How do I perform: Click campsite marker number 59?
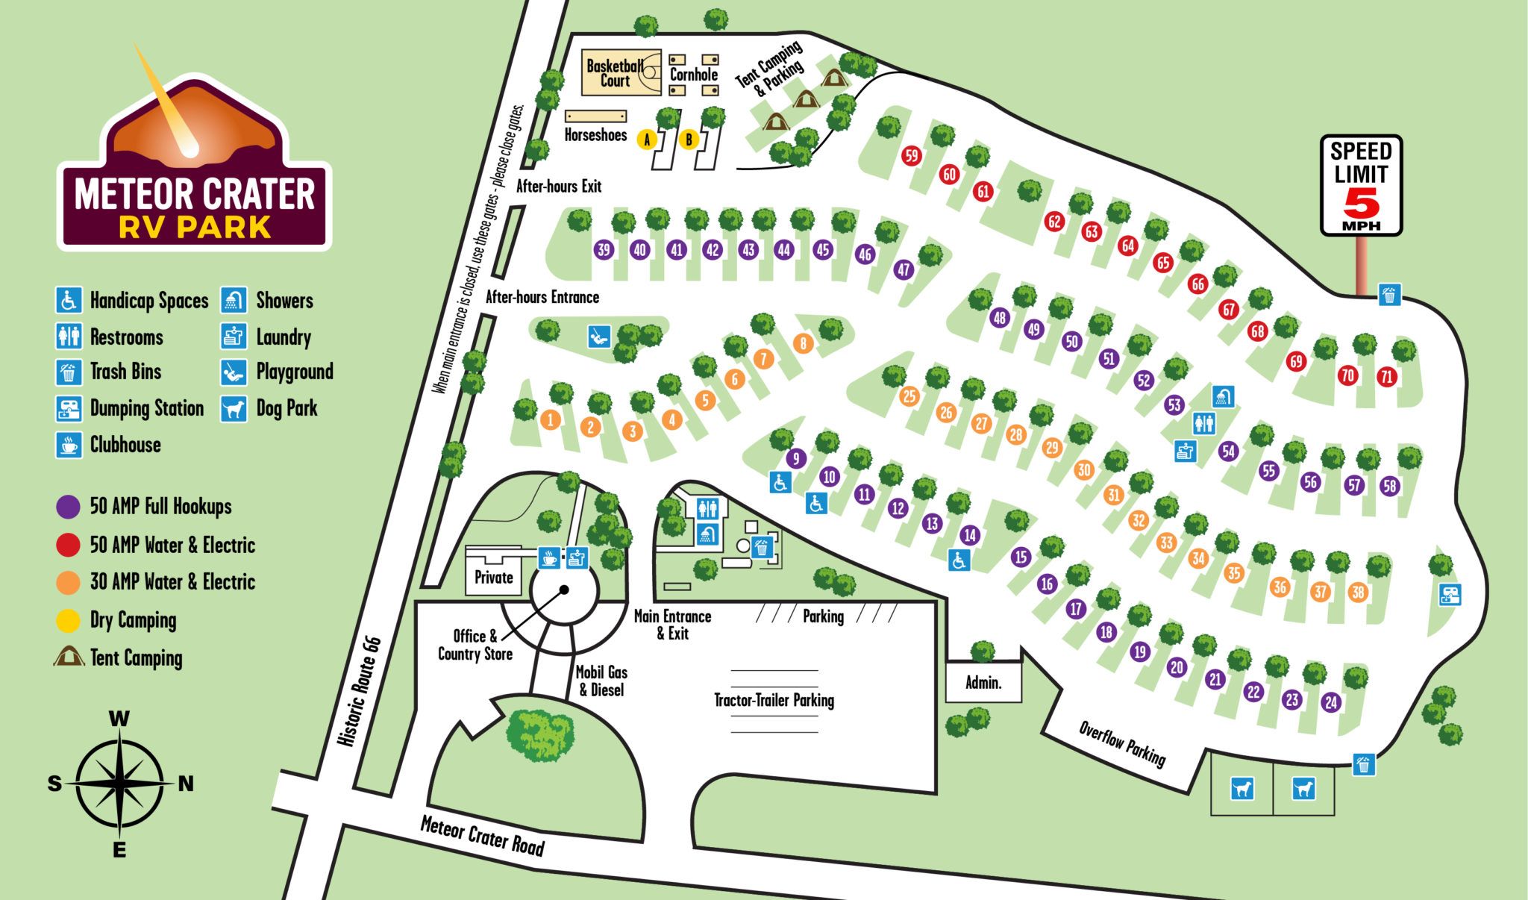click(x=911, y=155)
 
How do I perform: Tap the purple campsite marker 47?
click(x=904, y=269)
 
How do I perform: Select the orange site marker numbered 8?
click(x=803, y=343)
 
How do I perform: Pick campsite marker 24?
click(x=1331, y=702)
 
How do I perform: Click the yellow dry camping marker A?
click(x=648, y=140)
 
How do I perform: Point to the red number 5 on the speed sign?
click(x=1362, y=201)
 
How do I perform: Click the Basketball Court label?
click(x=615, y=73)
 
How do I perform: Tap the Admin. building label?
click(x=983, y=683)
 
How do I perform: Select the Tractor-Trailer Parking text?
click(x=774, y=700)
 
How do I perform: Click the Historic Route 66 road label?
click(x=360, y=691)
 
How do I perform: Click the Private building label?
click(x=493, y=578)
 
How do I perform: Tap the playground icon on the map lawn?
click(x=598, y=336)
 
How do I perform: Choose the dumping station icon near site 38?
click(x=1450, y=595)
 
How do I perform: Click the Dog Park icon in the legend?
click(x=234, y=409)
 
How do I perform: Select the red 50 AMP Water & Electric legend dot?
click(x=68, y=545)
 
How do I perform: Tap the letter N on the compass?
click(x=186, y=784)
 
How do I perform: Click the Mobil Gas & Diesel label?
click(x=601, y=681)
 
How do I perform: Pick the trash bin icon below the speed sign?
click(x=1388, y=295)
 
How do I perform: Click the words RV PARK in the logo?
click(x=195, y=227)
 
